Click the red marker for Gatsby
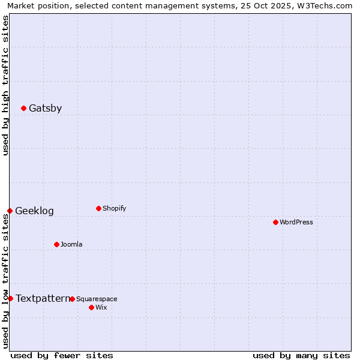coord(23,108)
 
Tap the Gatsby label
coord(45,109)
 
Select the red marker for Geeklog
coord(10,211)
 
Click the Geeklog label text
coord(34,211)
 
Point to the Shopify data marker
coord(98,208)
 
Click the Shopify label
coord(114,209)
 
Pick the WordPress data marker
coord(275,222)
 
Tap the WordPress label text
coord(296,223)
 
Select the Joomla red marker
coord(56,244)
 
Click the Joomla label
coord(71,245)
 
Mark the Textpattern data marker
coord(10,298)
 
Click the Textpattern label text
coord(43,299)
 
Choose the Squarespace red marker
coord(72,299)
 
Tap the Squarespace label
coord(97,299)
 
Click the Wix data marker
coord(91,307)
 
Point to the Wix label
coord(101,308)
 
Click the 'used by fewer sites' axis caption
coord(62,355)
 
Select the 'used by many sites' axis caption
coord(301,355)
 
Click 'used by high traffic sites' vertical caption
coord(5,86)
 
